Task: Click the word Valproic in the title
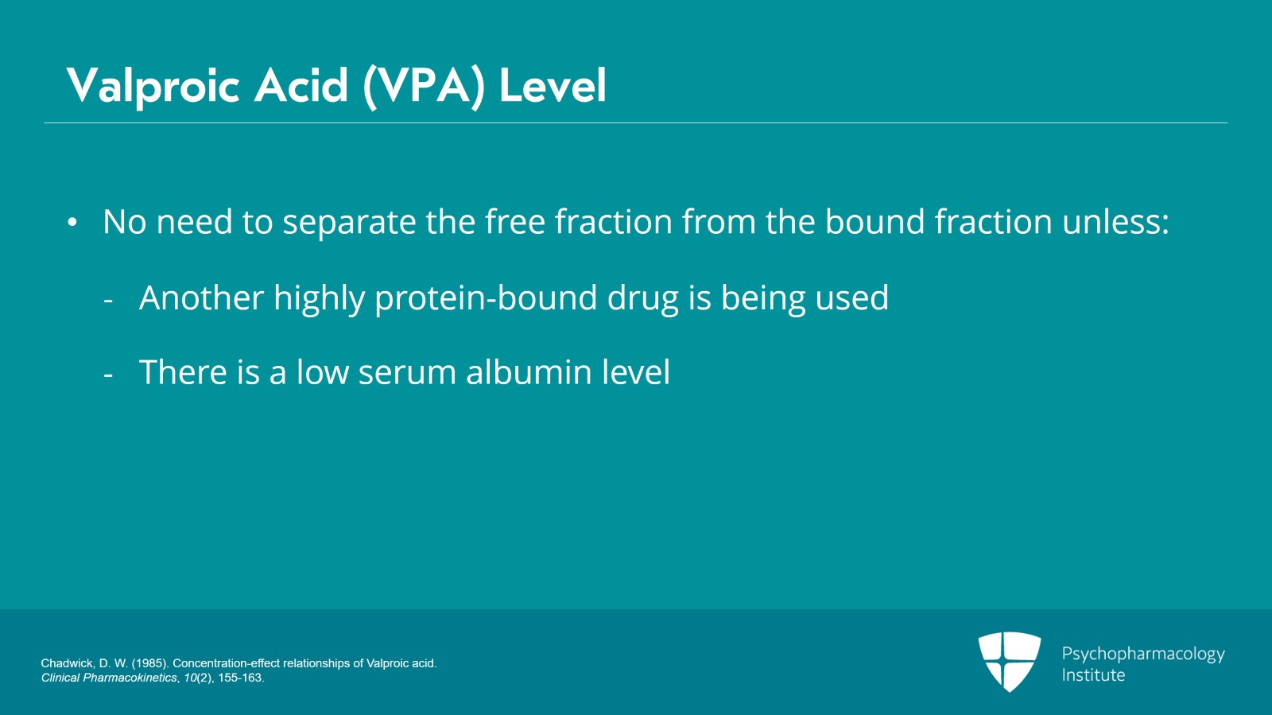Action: [153, 86]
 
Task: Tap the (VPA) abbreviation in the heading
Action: [424, 86]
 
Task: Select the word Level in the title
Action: [553, 86]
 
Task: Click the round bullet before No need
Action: [72, 223]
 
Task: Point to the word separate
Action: [349, 223]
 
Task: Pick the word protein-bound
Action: [486, 298]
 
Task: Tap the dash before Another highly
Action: [108, 301]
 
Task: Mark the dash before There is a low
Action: [108, 375]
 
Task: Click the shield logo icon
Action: [1009, 661]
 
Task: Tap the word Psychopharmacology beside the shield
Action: [1142, 654]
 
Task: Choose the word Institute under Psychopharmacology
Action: [1093, 675]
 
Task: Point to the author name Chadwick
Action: [67, 663]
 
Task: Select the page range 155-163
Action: [241, 678]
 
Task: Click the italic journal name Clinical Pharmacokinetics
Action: [110, 678]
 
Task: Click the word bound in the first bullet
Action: [874, 222]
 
